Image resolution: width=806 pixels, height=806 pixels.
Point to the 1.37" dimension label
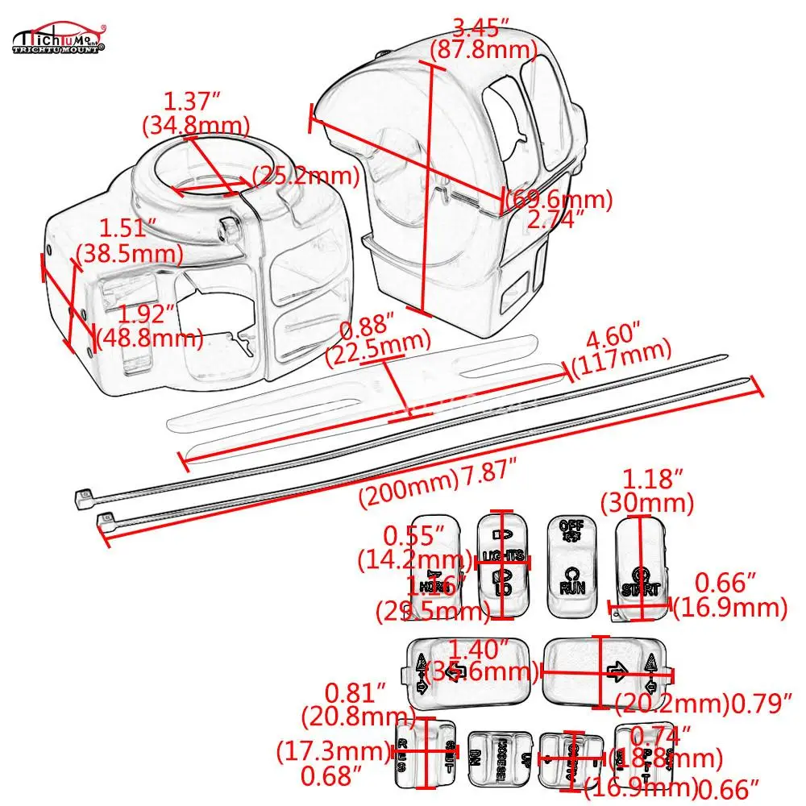193,102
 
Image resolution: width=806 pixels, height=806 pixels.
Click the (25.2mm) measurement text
306,176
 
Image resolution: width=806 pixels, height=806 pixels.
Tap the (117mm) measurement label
621,351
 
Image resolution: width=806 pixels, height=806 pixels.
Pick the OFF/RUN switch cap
571,564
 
